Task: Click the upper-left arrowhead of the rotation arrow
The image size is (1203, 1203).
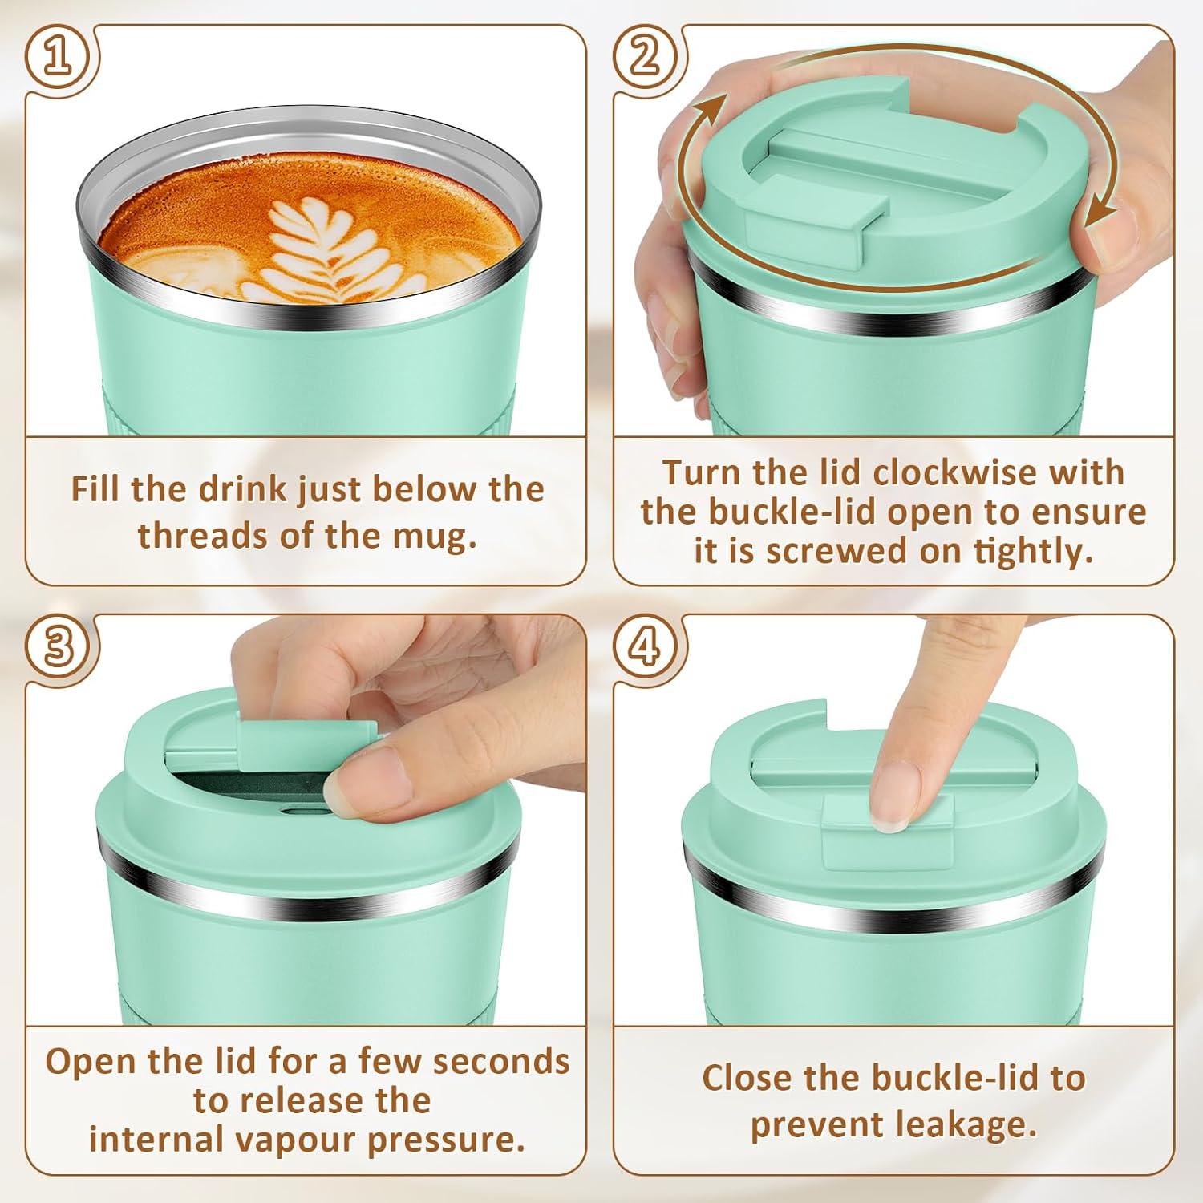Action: (x=715, y=108)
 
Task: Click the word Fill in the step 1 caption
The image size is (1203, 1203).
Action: (x=95, y=488)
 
